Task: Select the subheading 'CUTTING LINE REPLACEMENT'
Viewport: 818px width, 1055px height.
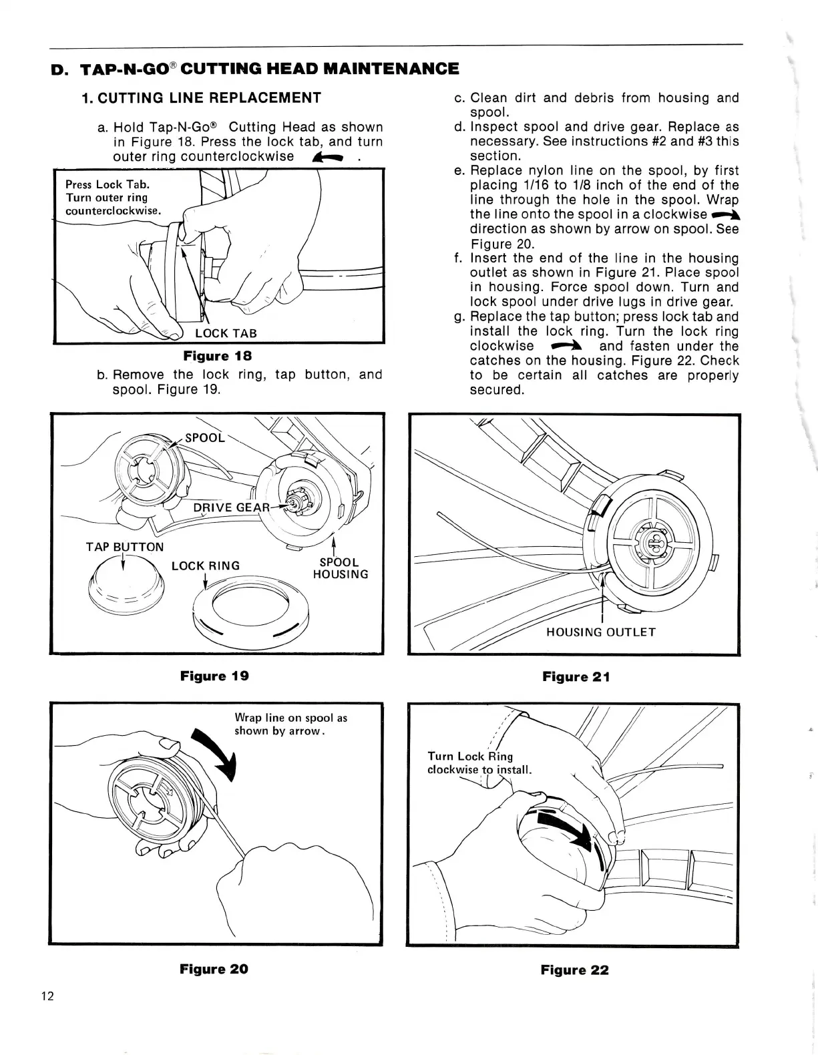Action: tap(201, 98)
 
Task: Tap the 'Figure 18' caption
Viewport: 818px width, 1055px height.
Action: tap(218, 356)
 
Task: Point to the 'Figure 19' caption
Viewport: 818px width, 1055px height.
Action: tap(214, 676)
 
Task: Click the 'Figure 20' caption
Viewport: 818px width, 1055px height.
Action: tap(214, 969)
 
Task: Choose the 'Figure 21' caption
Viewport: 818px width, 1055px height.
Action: tap(576, 677)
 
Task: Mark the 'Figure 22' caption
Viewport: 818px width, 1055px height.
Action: tap(575, 970)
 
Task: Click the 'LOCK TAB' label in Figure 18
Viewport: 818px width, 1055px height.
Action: tap(226, 333)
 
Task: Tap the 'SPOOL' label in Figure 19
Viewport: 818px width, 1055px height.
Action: tap(205, 438)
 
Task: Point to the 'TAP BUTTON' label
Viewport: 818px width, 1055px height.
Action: tap(125, 547)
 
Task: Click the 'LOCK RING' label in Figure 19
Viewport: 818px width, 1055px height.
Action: tap(206, 566)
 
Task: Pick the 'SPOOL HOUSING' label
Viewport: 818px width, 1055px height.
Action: tap(341, 568)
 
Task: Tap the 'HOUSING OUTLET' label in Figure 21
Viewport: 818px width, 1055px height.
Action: tap(601, 632)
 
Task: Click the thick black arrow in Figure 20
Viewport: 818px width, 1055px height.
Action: tap(216, 753)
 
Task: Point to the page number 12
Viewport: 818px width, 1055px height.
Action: tap(47, 997)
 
